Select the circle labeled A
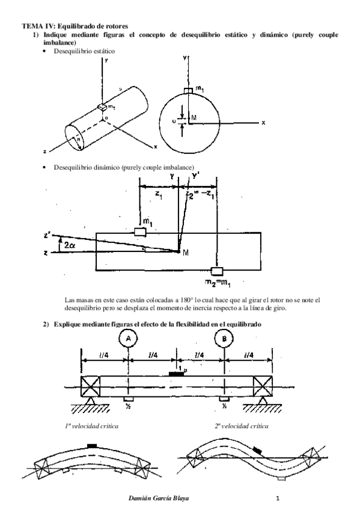pyautogui.click(x=127, y=340)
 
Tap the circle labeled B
pyautogui.click(x=224, y=340)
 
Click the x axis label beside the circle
pyautogui.click(x=263, y=122)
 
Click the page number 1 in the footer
pyautogui.click(x=279, y=499)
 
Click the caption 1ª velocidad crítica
pyautogui.click(x=91, y=426)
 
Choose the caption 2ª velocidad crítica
pyautogui.click(x=240, y=426)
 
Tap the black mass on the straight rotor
pyautogui.click(x=176, y=373)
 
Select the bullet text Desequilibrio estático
pyautogui.click(x=84, y=52)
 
